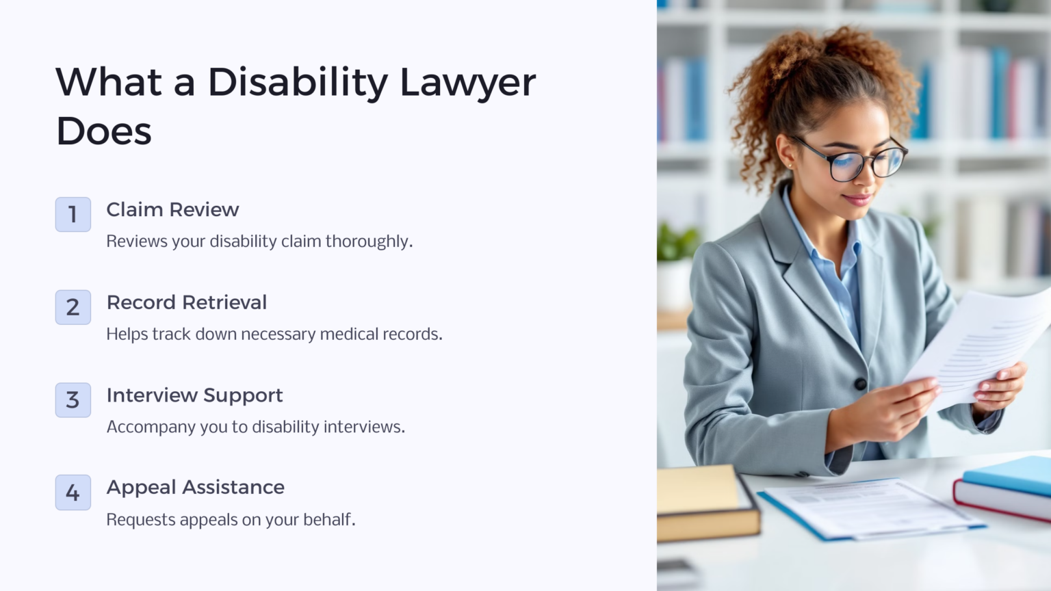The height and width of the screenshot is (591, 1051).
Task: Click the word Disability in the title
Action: (x=298, y=83)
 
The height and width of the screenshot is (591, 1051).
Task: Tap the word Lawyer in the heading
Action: (x=467, y=83)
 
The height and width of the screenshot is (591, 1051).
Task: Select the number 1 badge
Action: (x=73, y=215)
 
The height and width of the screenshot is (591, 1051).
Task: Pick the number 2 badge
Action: (x=73, y=307)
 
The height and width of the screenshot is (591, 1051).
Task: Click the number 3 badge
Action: (x=73, y=400)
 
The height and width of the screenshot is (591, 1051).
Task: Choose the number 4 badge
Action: (x=73, y=492)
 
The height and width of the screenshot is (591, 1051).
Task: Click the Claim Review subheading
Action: (x=172, y=210)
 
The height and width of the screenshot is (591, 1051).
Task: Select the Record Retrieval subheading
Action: (x=187, y=302)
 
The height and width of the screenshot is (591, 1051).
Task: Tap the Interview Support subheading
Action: (x=194, y=395)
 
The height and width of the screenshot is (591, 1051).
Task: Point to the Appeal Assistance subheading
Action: (x=195, y=488)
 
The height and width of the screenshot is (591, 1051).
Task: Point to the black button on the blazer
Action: (x=860, y=384)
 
